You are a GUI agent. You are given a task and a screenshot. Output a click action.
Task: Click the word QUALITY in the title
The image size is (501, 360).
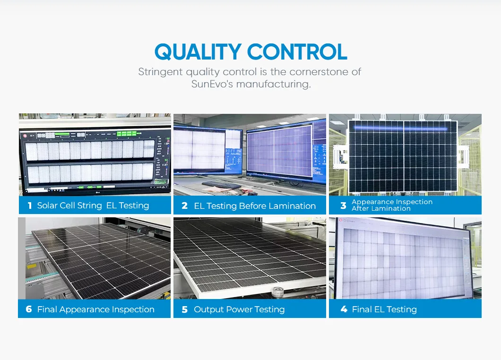tap(199, 51)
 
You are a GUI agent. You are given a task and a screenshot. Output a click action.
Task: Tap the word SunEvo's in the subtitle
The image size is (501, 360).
tap(211, 85)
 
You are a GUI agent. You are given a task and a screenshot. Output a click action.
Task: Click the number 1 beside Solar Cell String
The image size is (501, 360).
tap(30, 206)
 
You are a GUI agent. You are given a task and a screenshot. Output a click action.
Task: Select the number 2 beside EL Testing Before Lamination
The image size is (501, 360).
tap(184, 206)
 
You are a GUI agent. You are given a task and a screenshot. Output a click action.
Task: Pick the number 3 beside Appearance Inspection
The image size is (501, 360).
tap(343, 206)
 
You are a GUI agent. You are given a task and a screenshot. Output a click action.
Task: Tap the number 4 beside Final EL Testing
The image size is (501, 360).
tap(344, 309)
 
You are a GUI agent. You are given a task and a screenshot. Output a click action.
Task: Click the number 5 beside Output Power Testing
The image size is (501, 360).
tap(184, 309)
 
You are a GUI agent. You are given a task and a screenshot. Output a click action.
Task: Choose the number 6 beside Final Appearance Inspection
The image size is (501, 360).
tap(29, 309)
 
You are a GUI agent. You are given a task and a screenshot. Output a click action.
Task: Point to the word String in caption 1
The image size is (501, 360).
tap(90, 206)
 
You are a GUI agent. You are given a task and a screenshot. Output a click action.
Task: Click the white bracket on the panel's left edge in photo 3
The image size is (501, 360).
tap(338, 154)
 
